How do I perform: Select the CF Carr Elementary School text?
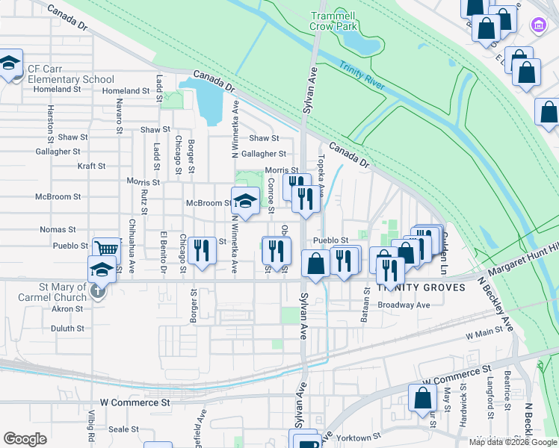click(x=71, y=74)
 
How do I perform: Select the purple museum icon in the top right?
click(x=537, y=25)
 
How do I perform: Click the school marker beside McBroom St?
click(x=244, y=200)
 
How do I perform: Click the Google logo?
click(x=25, y=439)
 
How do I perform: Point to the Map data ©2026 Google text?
click(x=513, y=442)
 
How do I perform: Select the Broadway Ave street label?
click(x=404, y=305)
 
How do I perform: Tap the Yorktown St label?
click(x=360, y=438)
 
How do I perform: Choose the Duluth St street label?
click(x=67, y=328)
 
